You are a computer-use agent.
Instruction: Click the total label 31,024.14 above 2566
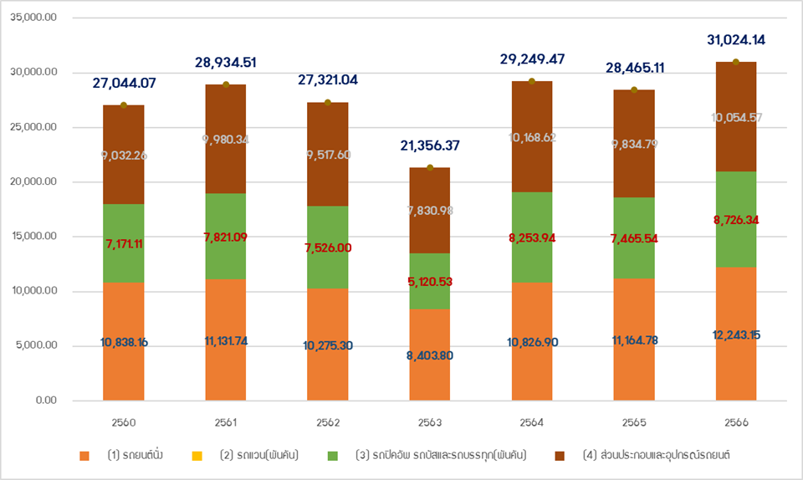[736, 39]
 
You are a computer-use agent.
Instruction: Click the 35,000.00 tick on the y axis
[34, 18]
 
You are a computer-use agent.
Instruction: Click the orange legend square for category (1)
[84, 456]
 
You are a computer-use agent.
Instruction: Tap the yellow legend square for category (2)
[197, 456]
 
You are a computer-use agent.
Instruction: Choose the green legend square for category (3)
[333, 456]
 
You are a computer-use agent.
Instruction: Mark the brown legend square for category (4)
[560, 456]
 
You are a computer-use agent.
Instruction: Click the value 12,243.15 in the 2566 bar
[736, 334]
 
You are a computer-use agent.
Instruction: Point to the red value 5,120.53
[430, 281]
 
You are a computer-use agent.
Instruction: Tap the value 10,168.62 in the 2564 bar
[532, 137]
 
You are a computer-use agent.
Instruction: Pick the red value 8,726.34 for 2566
[736, 220]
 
